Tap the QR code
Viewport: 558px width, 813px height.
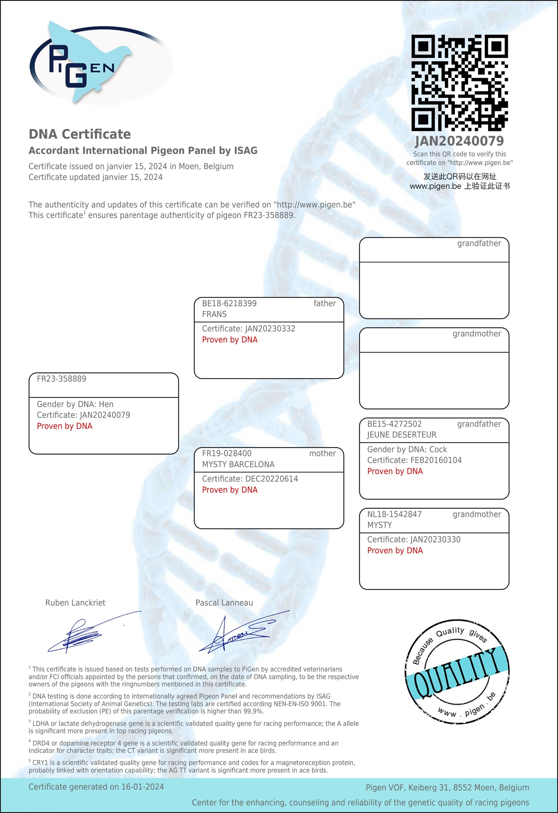459,83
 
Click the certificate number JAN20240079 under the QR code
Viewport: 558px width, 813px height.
459,141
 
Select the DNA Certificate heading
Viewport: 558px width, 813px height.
80,134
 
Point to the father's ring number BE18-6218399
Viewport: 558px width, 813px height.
229,303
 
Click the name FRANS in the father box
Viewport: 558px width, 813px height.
214,314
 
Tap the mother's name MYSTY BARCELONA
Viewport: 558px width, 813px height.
238,464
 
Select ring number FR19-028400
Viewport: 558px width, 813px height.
226,453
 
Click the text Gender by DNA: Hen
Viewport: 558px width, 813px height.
75,404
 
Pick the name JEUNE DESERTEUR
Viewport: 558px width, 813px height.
402,435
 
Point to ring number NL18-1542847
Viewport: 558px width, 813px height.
394,514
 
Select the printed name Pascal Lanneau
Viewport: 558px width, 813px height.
224,603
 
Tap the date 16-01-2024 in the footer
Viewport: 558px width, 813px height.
143,787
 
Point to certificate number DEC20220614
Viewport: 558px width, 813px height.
272,479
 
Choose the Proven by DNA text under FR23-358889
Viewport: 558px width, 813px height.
65,426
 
